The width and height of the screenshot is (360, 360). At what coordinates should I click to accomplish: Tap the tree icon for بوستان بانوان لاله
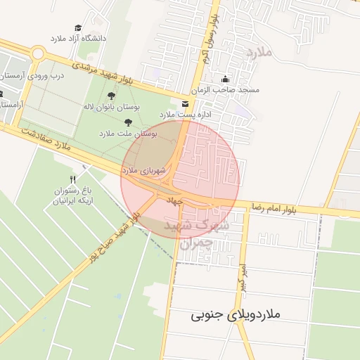point(112,95)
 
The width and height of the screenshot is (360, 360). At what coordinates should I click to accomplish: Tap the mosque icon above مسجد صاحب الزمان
point(225,79)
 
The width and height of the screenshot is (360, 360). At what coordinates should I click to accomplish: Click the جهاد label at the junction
point(174,201)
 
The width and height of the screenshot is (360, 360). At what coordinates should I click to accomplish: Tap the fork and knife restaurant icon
point(73,179)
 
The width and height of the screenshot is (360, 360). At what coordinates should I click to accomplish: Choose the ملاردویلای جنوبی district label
point(236,314)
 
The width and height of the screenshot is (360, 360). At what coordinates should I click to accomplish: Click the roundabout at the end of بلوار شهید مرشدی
point(37,55)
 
